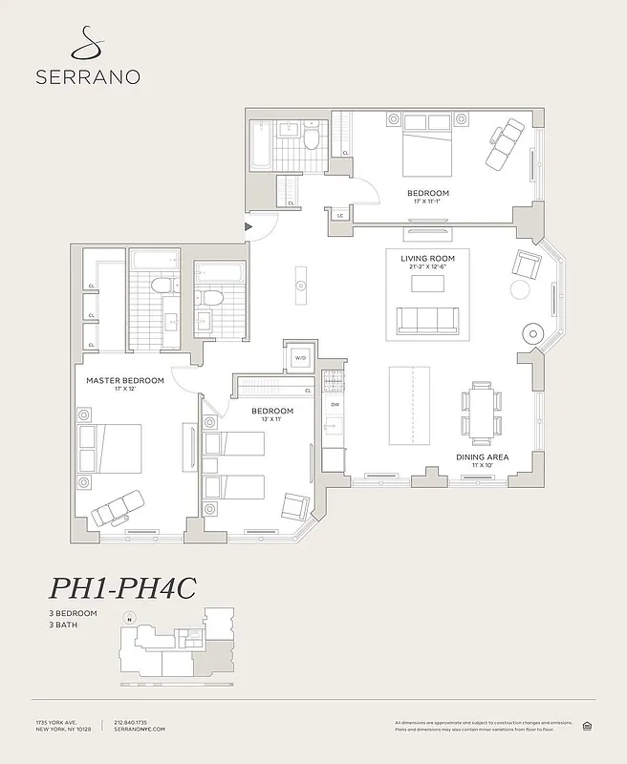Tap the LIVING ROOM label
427,258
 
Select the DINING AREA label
481,457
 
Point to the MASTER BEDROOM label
125,380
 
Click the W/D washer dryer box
299,358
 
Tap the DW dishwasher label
334,404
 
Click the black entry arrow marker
249,226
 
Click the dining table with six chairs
481,411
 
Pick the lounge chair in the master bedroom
117,507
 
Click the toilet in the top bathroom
311,140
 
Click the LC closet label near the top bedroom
339,216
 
